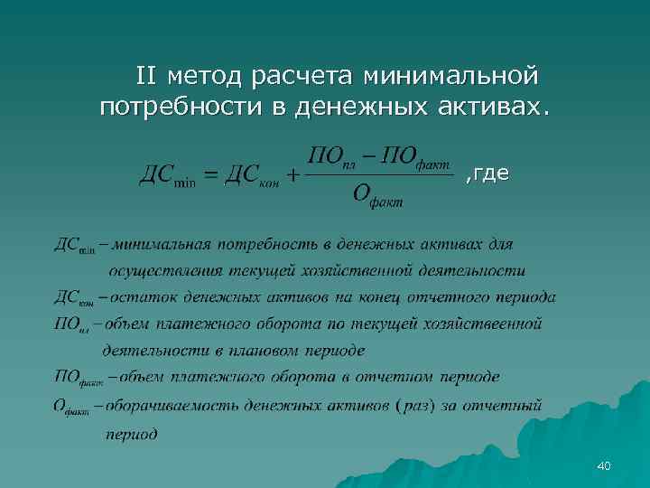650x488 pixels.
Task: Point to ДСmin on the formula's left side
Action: (x=166, y=174)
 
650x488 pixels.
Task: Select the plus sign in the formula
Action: (x=292, y=174)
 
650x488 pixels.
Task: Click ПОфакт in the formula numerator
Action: (x=416, y=153)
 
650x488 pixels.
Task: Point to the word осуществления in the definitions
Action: (x=159, y=270)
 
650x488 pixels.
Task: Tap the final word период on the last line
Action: (x=132, y=434)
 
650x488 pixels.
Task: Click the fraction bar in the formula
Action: (x=379, y=175)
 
